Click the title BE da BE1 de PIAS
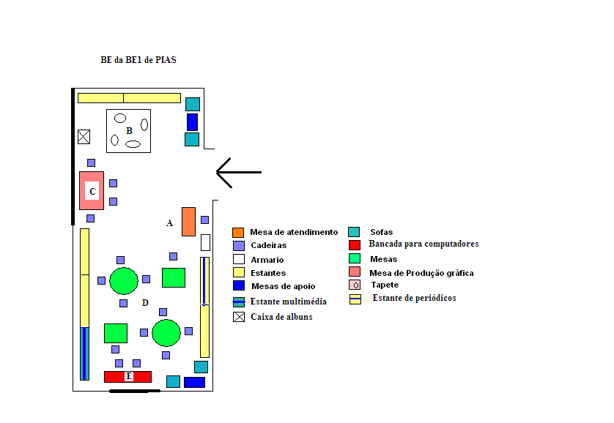point(138,60)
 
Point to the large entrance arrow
point(238,172)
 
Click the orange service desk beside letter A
point(188,222)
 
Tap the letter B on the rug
point(129,131)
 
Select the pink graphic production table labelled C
point(92,191)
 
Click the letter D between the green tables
point(145,303)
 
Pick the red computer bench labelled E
point(127,376)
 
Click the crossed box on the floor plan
point(84,137)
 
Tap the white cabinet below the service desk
point(205,242)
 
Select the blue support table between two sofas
point(192,121)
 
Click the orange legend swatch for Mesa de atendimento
point(238,232)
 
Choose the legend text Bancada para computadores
point(423,244)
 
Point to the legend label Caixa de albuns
point(281,317)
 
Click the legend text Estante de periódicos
point(414,298)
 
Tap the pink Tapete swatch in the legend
point(355,285)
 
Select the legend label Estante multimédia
point(288,302)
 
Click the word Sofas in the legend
point(381,232)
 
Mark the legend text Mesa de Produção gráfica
point(421,273)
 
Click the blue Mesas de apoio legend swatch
point(238,286)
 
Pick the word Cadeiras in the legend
point(268,246)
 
